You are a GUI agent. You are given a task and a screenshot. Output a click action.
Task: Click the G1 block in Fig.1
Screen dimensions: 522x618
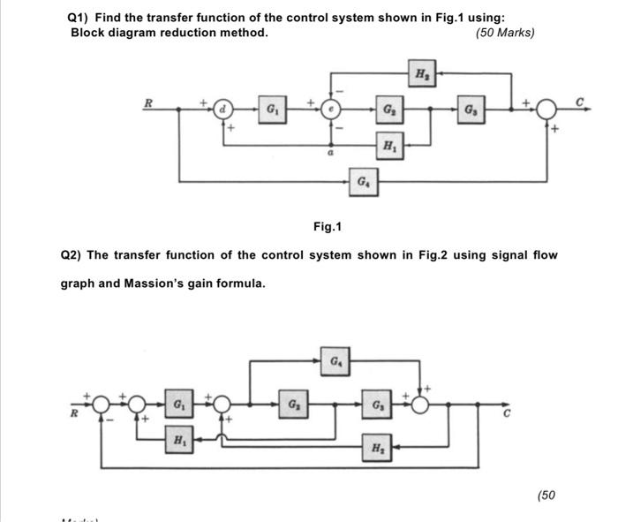click(x=271, y=110)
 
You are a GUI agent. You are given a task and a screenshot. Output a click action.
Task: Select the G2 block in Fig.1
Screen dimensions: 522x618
click(x=388, y=110)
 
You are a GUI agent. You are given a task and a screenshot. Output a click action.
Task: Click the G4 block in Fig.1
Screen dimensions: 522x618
click(x=363, y=182)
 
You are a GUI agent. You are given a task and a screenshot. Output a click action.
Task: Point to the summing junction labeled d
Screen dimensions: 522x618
click(x=223, y=110)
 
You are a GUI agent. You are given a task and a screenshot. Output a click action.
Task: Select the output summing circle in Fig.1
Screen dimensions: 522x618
click(x=546, y=110)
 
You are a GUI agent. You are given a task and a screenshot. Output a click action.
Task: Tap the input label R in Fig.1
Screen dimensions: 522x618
click(x=148, y=102)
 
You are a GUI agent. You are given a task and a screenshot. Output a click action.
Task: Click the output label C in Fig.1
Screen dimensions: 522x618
click(x=581, y=102)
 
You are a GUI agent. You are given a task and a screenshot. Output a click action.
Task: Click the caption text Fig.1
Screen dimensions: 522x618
click(x=327, y=228)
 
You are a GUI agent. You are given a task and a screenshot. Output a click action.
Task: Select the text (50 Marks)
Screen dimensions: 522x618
click(x=504, y=33)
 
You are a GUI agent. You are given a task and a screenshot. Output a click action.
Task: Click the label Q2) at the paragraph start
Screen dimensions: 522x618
click(x=72, y=255)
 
